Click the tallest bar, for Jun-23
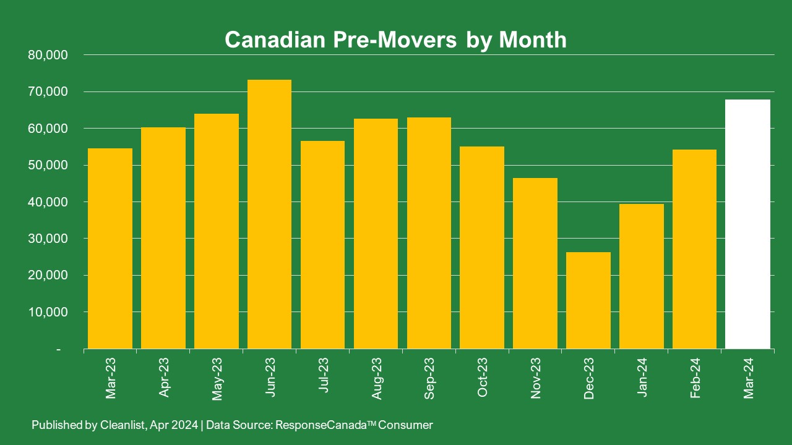tap(269, 214)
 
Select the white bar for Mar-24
tap(748, 224)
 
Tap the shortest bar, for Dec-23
tap(588, 300)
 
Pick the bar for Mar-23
tap(110, 248)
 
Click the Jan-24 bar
tap(642, 276)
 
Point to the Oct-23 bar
tap(482, 247)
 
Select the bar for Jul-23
tap(322, 245)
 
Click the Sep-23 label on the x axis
tap(429, 378)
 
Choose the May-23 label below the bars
tap(217, 378)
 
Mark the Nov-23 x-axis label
tap(536, 378)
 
